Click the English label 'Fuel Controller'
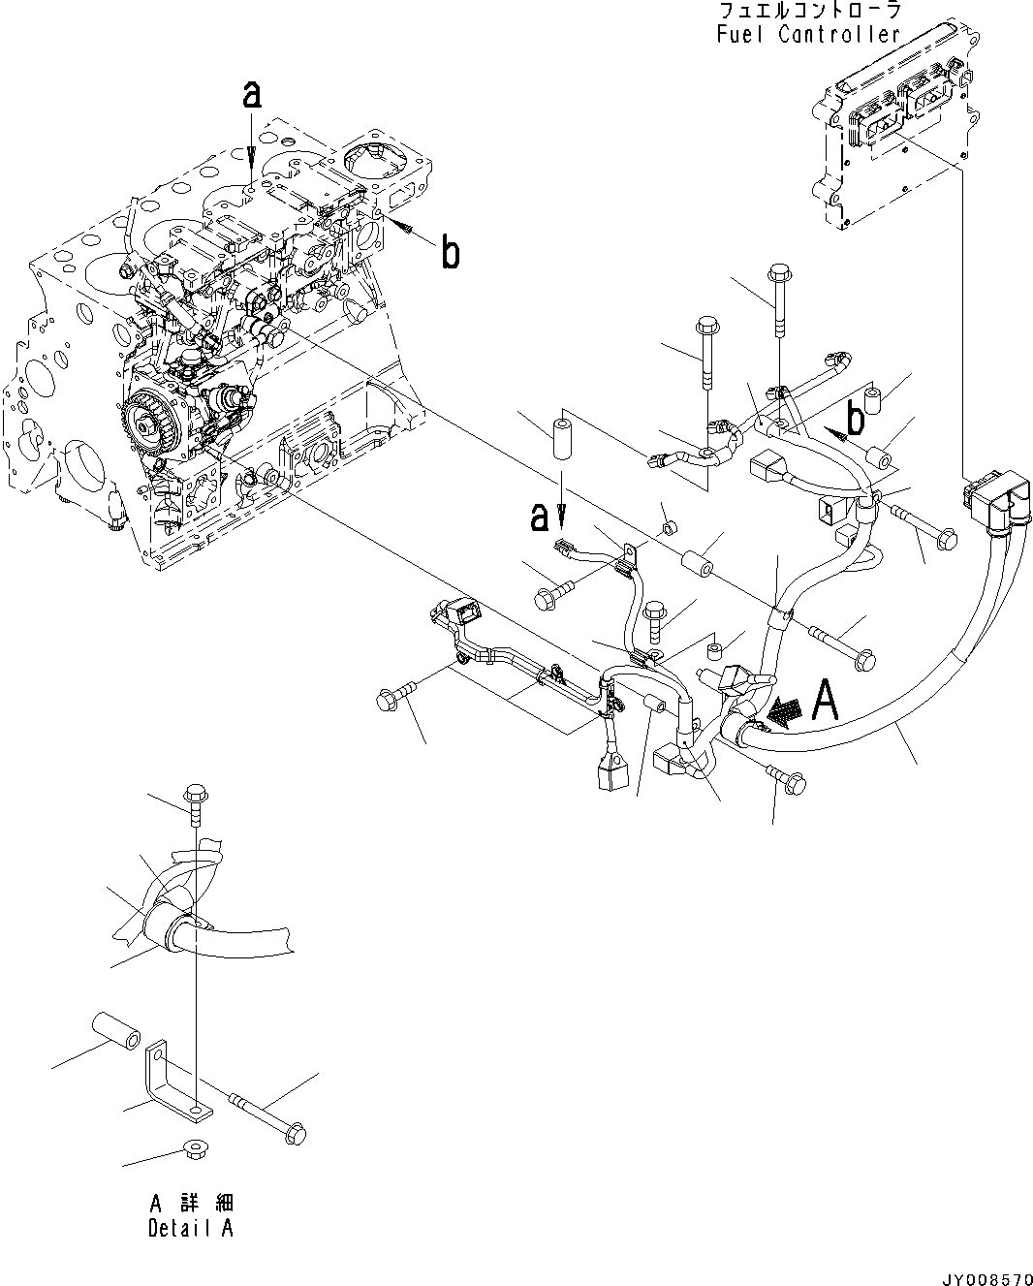[x=809, y=36]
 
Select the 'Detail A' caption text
[x=190, y=1229]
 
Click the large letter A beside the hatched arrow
[x=825, y=701]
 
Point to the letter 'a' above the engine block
[x=252, y=96]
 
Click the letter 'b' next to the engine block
[x=450, y=254]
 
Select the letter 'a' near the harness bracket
[x=540, y=518]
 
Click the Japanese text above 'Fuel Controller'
[x=809, y=12]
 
